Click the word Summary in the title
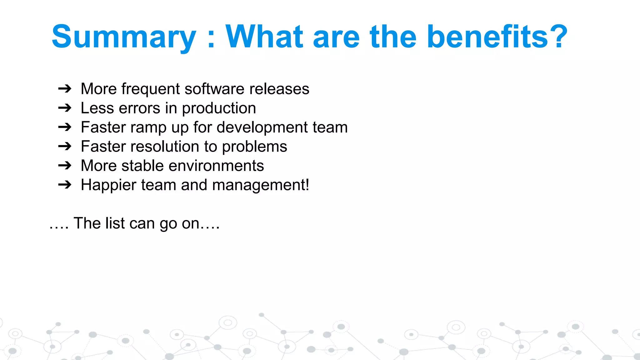click(x=124, y=37)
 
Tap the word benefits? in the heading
click(x=497, y=37)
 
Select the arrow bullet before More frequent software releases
click(x=65, y=89)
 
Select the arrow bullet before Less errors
click(x=65, y=108)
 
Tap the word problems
click(x=254, y=147)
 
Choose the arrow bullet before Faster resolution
click(x=65, y=147)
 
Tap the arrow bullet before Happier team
click(x=65, y=185)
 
